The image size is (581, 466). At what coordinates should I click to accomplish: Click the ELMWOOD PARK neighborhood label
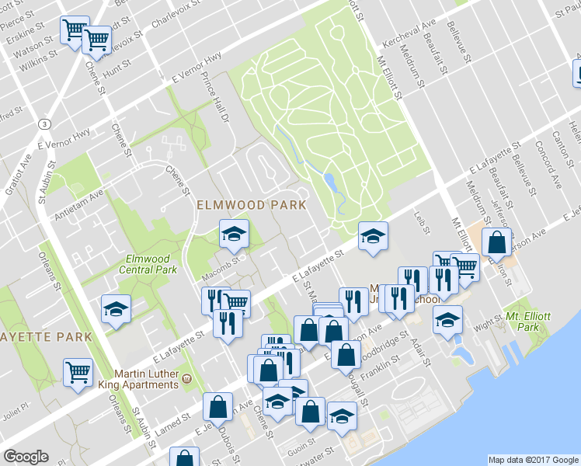coord(251,205)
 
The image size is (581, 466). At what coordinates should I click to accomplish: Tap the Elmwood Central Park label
coord(151,264)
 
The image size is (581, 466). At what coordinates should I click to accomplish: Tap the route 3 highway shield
coord(46,124)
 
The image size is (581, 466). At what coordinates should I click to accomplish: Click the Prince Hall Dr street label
coord(216,98)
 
